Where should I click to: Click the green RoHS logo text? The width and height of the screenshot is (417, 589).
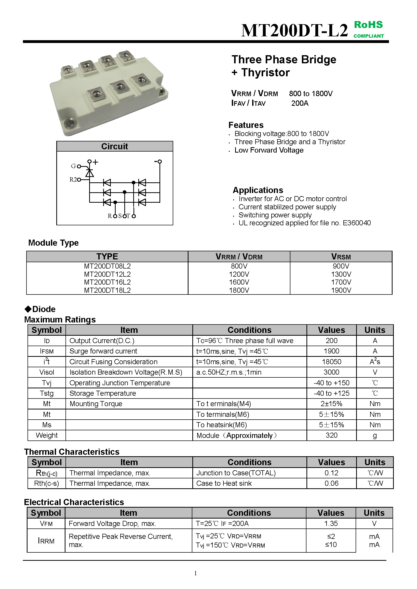click(368, 25)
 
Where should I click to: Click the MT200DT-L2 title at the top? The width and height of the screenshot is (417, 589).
click(294, 31)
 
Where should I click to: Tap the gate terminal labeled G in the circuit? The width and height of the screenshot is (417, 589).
click(79, 166)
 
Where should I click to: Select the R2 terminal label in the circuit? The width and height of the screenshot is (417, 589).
click(73, 180)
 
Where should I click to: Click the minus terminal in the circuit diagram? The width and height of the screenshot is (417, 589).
click(159, 161)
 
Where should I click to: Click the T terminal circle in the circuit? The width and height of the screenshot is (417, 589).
click(133, 216)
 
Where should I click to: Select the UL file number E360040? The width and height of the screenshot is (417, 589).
click(357, 223)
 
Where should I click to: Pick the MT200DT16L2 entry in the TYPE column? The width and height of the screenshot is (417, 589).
click(107, 282)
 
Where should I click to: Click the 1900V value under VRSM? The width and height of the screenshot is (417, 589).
click(341, 290)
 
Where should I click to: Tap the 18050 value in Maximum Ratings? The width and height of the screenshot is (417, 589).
click(331, 362)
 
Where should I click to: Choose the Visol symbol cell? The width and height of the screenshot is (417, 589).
click(47, 372)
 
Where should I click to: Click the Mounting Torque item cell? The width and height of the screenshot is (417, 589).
click(96, 404)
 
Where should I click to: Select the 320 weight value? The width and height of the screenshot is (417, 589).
click(331, 435)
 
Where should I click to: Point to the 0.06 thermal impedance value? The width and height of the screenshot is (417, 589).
click(331, 483)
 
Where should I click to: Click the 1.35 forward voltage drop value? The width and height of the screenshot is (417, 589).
click(331, 524)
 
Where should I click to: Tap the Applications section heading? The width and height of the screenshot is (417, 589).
click(258, 190)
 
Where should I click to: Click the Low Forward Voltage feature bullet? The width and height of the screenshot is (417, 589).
click(269, 150)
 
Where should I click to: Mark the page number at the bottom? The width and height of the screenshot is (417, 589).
click(196, 573)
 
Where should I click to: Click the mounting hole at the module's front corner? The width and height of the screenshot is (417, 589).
click(69, 124)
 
